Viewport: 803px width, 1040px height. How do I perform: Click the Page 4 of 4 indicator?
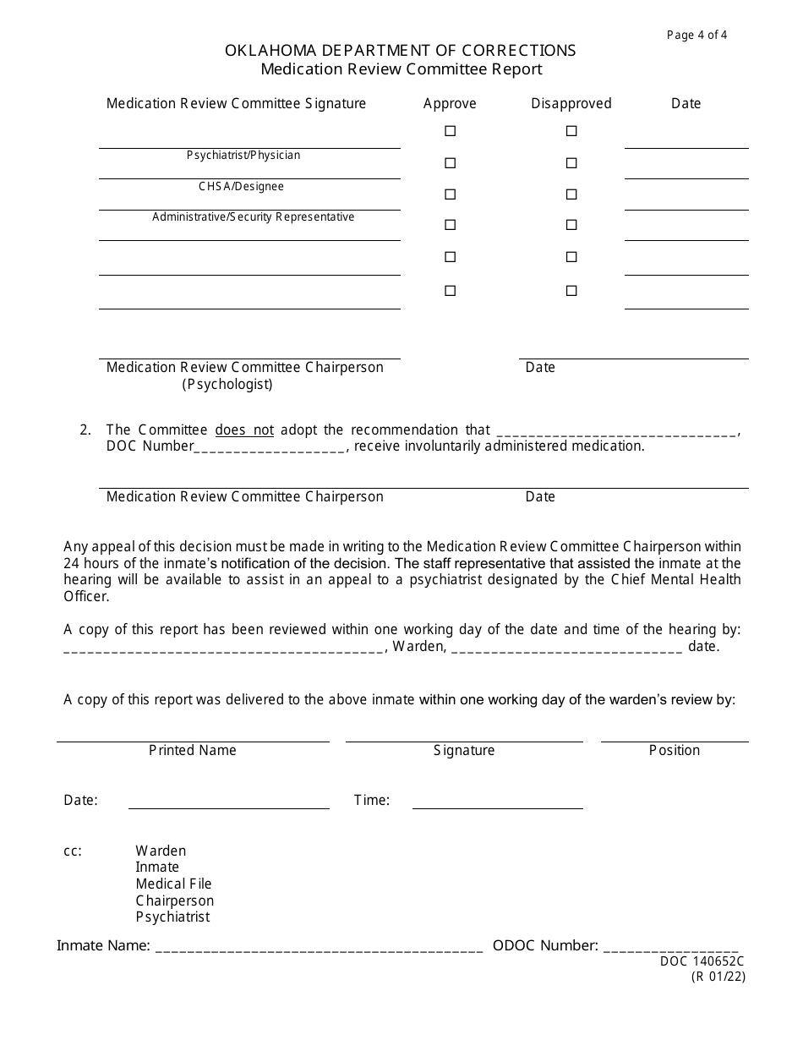(696, 35)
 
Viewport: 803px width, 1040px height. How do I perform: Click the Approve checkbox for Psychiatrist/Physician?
(450, 131)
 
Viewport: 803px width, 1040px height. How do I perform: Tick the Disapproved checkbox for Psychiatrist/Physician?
(571, 131)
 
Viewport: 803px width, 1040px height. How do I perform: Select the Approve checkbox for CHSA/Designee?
(450, 163)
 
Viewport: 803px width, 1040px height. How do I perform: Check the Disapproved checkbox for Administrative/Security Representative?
(571, 194)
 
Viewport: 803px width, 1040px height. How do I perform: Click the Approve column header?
(450, 103)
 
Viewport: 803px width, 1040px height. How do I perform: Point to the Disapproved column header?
(571, 103)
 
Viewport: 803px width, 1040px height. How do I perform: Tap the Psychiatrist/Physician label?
(243, 156)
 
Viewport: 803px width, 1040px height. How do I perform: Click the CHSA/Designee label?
(242, 186)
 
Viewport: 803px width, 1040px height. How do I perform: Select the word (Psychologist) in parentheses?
(227, 385)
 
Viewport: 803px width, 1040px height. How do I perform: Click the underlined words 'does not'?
(244, 430)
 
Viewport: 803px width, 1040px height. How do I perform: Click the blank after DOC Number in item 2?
(270, 447)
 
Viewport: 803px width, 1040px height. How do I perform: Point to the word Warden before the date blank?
(419, 647)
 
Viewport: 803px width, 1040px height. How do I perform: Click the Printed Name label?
(193, 751)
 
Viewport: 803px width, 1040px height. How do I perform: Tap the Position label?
(675, 751)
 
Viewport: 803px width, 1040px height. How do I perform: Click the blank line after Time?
(497, 802)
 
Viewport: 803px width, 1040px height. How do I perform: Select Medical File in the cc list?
(173, 884)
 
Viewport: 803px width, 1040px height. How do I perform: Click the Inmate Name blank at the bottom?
(318, 947)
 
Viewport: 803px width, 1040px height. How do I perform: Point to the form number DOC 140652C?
(702, 961)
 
